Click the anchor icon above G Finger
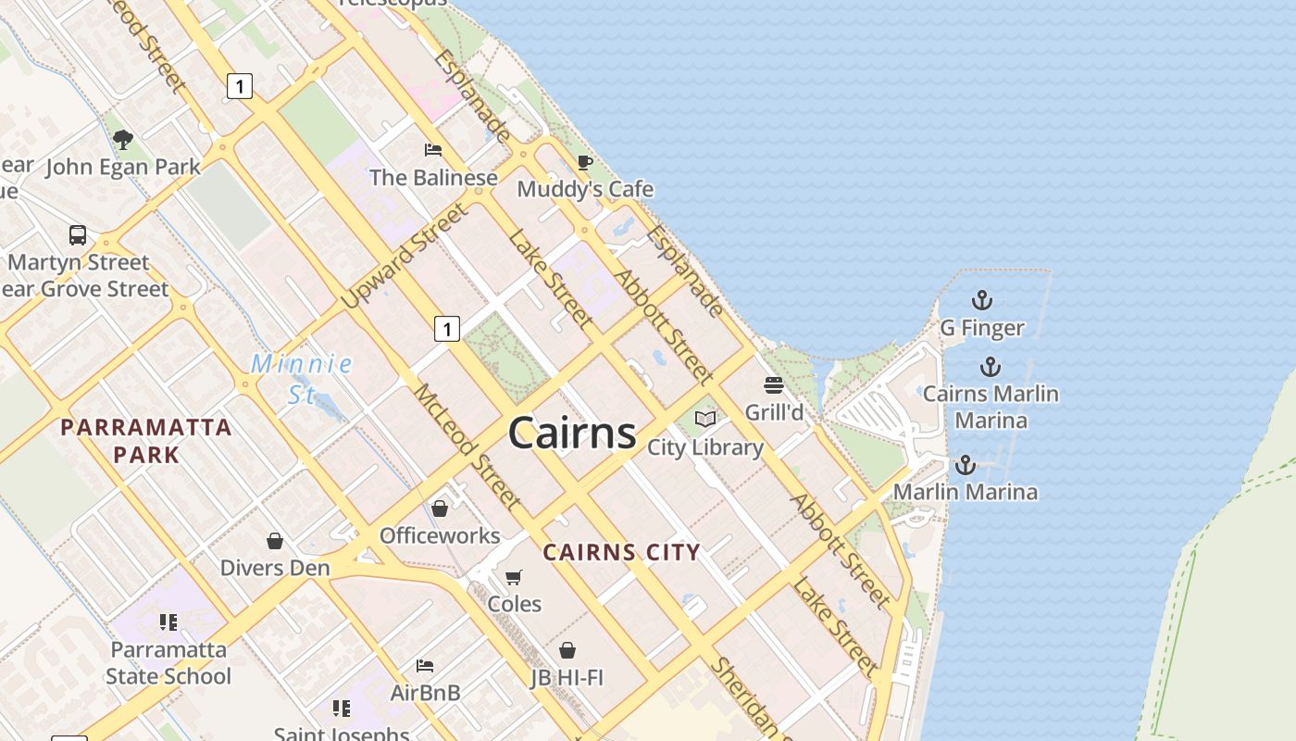(x=981, y=300)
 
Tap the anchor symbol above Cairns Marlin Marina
(x=991, y=367)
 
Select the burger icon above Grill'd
(x=774, y=385)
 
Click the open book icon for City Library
(x=705, y=420)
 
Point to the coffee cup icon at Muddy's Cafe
(x=584, y=163)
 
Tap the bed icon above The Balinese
(x=432, y=149)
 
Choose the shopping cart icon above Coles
(x=514, y=577)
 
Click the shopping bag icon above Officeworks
(x=440, y=509)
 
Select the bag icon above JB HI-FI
(x=567, y=650)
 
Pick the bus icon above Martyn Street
(x=78, y=235)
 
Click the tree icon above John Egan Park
(x=122, y=140)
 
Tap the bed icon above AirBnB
(x=425, y=665)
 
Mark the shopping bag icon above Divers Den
(x=275, y=541)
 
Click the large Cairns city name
(x=572, y=433)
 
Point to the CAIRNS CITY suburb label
(x=621, y=553)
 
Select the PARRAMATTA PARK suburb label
(x=145, y=441)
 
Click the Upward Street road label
(x=405, y=257)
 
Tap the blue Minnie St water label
(x=302, y=378)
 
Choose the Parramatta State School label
(x=168, y=662)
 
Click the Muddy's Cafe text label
(x=585, y=190)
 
